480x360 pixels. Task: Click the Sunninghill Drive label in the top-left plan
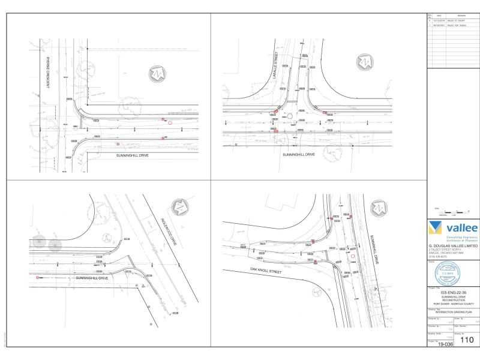pyautogui.click(x=132, y=155)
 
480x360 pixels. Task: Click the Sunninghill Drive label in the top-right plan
pyautogui.click(x=299, y=154)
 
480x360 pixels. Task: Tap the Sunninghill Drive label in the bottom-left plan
pyautogui.click(x=91, y=278)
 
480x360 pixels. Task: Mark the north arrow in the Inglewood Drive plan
pyautogui.click(x=179, y=206)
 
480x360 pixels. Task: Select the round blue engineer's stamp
pyautogui.click(x=451, y=271)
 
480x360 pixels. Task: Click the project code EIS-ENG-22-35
pyautogui.click(x=451, y=292)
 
